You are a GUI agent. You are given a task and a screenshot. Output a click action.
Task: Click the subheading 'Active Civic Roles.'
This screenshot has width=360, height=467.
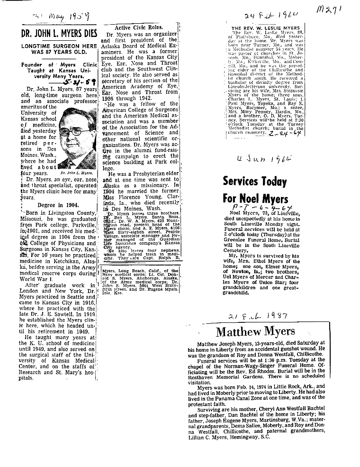pyautogui.click(x=139, y=27)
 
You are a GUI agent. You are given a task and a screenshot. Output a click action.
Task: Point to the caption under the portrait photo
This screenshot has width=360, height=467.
pyautogui.click(x=75, y=174)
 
